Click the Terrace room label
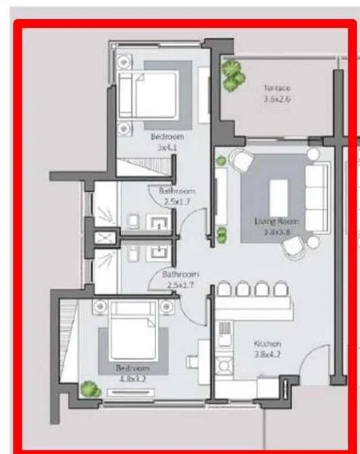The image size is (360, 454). point(277,88)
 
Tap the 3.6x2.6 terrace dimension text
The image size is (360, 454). point(277,99)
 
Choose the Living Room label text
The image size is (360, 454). point(276,221)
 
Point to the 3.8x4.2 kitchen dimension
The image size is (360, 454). point(267,354)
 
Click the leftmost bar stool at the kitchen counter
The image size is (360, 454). point(224,289)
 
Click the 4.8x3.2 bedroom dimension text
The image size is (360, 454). point(132,378)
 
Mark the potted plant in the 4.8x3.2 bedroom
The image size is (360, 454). point(89,389)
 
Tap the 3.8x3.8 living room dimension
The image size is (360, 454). point(276,231)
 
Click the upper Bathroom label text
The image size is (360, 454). point(177,191)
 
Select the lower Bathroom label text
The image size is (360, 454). point(180,274)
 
